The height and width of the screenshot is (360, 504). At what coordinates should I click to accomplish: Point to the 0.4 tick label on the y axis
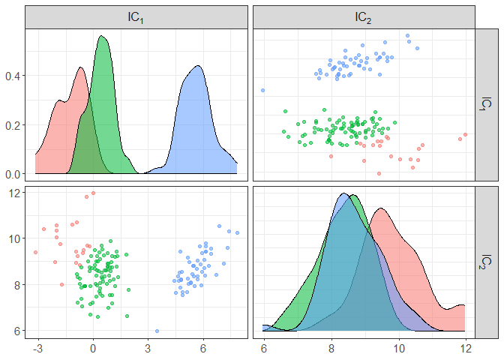13,76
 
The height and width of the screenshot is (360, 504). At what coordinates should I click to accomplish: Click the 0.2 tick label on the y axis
13,125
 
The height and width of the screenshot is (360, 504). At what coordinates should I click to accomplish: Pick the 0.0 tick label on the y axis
13,174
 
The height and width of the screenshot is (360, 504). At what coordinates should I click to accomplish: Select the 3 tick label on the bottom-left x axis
148,349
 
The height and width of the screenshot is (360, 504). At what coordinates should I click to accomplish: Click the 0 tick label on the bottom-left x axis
93,349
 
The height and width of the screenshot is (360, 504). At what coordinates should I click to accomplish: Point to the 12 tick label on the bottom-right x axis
465,349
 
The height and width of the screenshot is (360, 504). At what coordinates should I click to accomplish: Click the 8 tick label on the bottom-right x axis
331,349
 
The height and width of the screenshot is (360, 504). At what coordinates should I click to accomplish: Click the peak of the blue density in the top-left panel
197,66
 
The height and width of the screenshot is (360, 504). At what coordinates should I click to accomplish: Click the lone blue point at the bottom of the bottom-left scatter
157,331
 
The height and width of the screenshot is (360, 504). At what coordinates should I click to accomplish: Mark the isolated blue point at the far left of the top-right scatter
263,91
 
